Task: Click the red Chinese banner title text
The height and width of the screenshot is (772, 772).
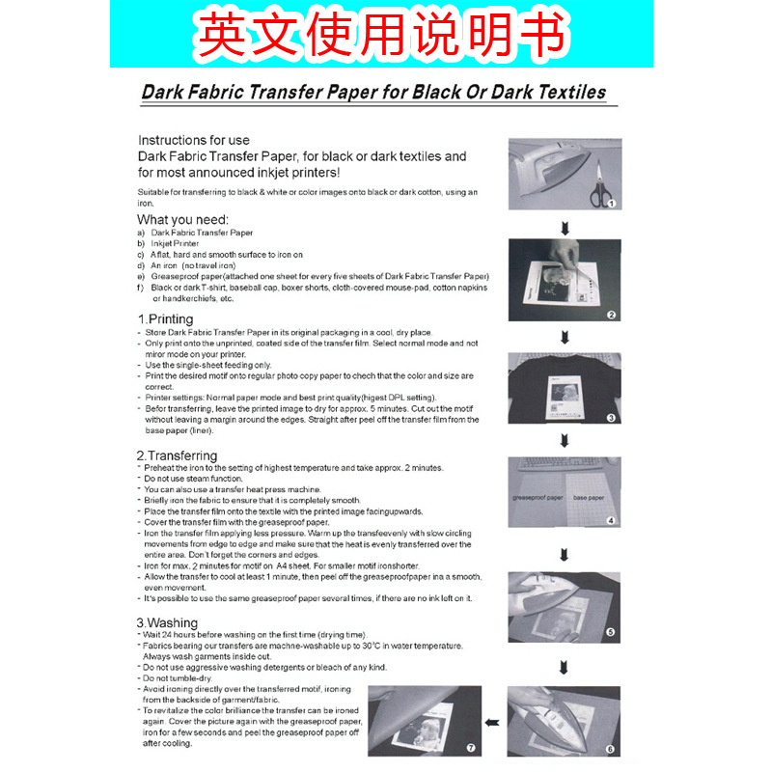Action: click(381, 35)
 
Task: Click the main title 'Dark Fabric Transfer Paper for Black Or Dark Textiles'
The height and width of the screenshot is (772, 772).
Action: click(373, 93)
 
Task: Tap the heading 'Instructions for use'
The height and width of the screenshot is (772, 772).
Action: click(193, 140)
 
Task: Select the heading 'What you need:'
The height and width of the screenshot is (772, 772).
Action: click(182, 219)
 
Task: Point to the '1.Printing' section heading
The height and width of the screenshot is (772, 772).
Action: click(165, 319)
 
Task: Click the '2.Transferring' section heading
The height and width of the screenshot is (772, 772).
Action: click(177, 455)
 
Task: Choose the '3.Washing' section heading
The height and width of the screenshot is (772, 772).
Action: click(167, 622)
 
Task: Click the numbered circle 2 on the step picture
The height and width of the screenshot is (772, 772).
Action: click(610, 315)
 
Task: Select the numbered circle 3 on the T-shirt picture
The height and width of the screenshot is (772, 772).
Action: click(610, 418)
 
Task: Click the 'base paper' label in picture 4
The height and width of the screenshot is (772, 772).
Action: click(588, 498)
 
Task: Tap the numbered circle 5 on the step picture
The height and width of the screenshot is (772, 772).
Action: click(610, 633)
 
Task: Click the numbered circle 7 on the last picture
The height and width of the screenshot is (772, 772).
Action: click(470, 748)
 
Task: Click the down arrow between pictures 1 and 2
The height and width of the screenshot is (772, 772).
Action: click(565, 228)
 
